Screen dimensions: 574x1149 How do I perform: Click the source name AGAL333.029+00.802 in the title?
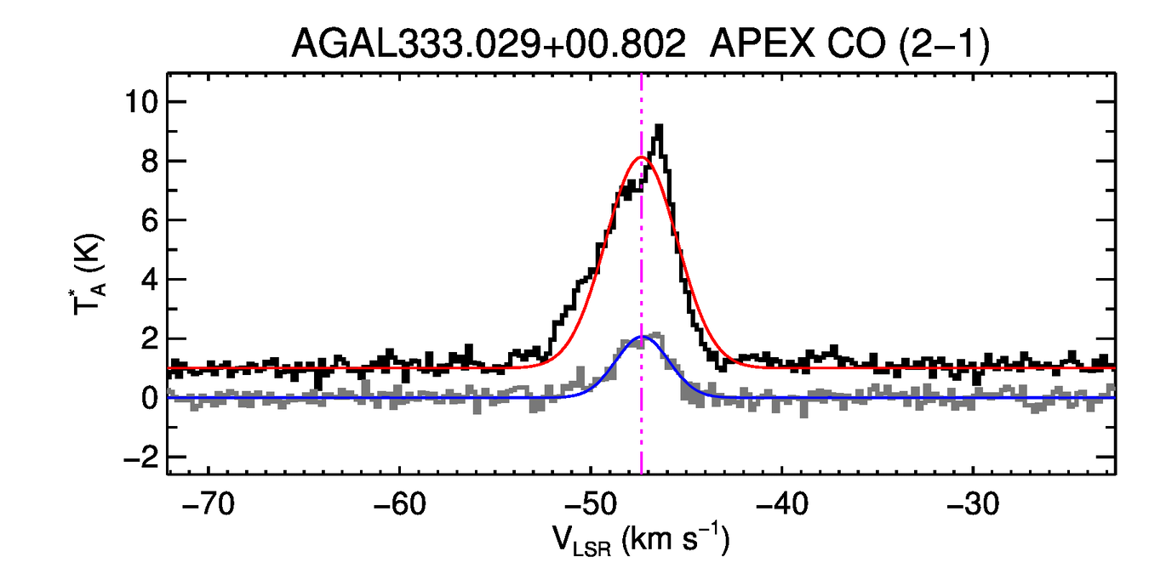(x=489, y=43)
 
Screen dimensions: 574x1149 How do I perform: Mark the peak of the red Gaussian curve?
(x=641, y=157)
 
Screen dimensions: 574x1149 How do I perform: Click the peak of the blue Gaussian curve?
(x=643, y=338)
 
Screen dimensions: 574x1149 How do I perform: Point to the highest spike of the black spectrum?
(x=659, y=128)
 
